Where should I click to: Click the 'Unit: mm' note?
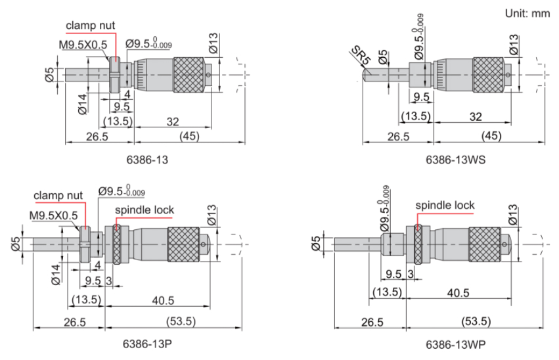[527, 13]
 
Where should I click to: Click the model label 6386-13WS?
[456, 160]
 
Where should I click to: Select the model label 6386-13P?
[147, 344]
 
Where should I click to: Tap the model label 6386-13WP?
[456, 345]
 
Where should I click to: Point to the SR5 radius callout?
[361, 56]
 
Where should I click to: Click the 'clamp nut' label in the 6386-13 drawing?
[91, 26]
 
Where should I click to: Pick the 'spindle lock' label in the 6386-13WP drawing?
[445, 206]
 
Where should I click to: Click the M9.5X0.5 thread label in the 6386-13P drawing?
[53, 215]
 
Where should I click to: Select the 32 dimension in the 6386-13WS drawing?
[476, 116]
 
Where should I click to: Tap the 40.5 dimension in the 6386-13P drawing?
[163, 300]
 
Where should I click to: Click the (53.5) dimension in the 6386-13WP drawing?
[476, 321]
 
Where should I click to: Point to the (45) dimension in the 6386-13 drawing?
[189, 136]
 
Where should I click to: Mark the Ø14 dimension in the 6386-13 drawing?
[82, 104]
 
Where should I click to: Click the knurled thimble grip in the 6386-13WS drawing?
[488, 75]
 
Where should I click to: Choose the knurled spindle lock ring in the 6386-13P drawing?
[116, 244]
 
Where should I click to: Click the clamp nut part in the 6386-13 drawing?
[115, 75]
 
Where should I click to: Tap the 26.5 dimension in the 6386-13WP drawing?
[372, 322]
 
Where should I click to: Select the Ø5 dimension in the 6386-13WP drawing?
[316, 244]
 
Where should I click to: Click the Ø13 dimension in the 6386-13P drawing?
[212, 215]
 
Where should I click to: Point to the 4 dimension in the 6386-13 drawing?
[127, 95]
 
